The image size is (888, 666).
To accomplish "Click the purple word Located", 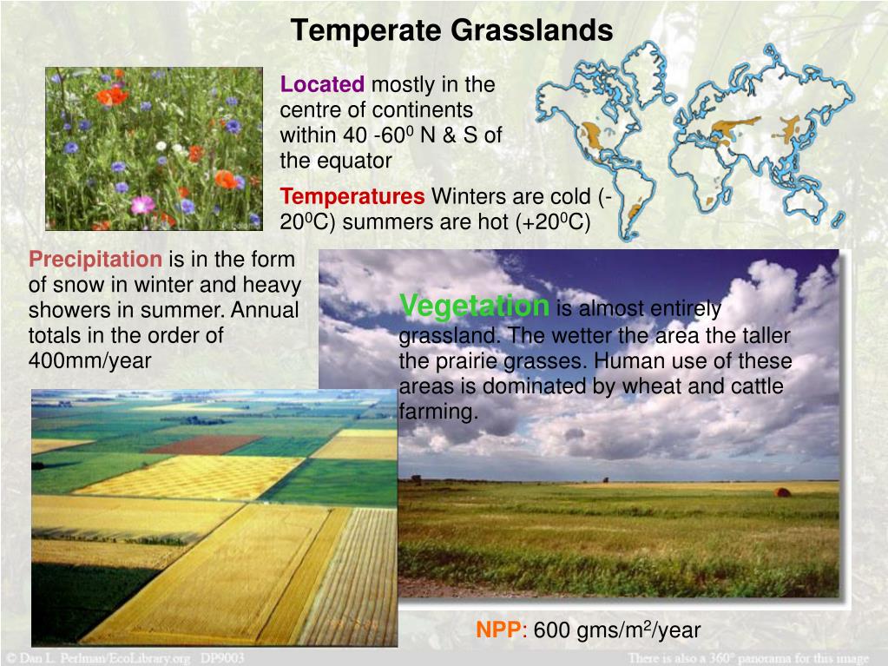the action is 322,84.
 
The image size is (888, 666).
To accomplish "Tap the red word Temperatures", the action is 352,196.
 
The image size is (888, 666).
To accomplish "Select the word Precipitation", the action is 95,260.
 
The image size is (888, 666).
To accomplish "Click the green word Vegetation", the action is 475,306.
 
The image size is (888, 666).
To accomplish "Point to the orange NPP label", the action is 501,630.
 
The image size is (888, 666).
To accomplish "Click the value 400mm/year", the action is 90,360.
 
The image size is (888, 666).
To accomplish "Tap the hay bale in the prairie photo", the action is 782,492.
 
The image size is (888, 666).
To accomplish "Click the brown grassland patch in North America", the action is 593,136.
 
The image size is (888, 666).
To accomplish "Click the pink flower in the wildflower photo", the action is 142,204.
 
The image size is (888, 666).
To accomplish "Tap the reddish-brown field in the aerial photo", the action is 205,444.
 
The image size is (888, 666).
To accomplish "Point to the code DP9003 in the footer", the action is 222,657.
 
